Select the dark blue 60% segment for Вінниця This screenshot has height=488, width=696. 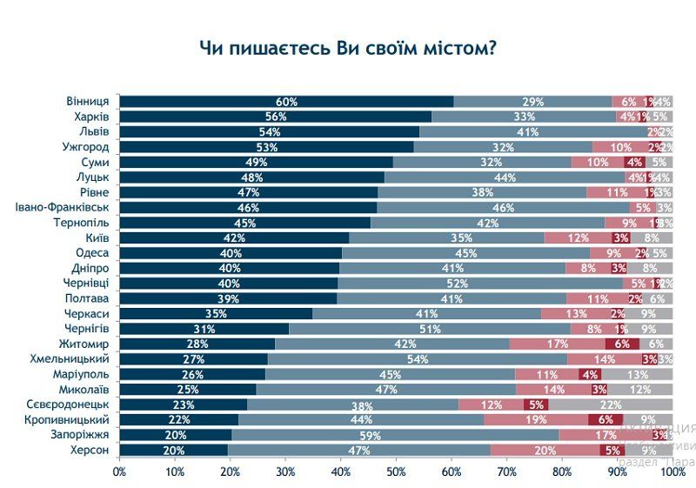[x=286, y=102]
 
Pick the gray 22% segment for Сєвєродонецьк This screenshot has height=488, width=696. [x=610, y=404]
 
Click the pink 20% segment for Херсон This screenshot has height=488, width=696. [x=545, y=450]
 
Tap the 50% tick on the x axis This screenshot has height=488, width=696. [x=396, y=471]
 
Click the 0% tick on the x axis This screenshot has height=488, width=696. [x=119, y=471]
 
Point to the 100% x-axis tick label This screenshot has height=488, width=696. [x=673, y=471]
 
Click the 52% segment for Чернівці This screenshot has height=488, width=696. [x=482, y=284]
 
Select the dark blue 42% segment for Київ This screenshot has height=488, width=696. [x=234, y=237]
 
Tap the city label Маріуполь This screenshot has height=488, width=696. [x=81, y=374]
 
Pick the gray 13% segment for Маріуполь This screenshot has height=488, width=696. [x=636, y=374]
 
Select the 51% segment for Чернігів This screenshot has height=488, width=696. [x=430, y=329]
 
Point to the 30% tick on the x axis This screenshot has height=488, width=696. [x=285, y=471]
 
